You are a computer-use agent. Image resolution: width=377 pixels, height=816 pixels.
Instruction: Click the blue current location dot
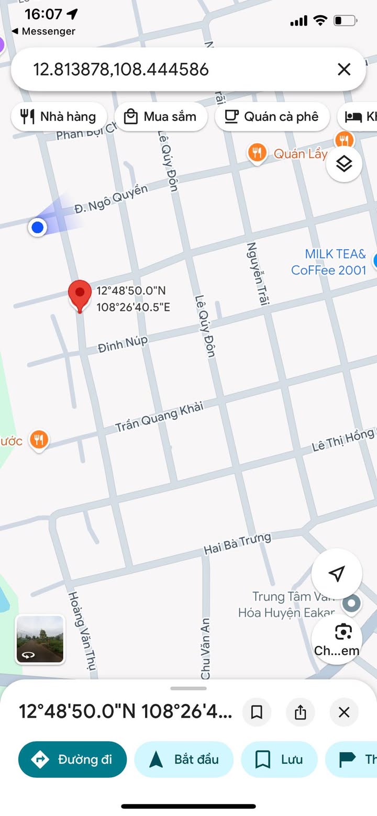[x=37, y=227]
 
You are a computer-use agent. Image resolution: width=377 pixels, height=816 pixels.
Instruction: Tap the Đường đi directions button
[x=73, y=759]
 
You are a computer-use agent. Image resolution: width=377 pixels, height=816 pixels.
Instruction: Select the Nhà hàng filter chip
[x=59, y=116]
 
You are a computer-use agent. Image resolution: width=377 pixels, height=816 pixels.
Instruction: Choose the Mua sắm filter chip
[x=161, y=116]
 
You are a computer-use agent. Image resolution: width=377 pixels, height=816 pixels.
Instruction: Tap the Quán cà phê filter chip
[x=272, y=116]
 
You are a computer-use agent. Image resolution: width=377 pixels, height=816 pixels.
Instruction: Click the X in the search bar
[x=344, y=69]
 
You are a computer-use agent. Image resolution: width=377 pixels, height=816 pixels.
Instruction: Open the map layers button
[x=344, y=164]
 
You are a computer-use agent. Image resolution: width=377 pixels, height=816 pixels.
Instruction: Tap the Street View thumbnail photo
[x=40, y=639]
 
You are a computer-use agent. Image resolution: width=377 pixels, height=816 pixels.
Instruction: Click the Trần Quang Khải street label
[x=159, y=417]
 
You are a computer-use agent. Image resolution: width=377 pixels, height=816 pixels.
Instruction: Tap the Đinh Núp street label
[x=123, y=344]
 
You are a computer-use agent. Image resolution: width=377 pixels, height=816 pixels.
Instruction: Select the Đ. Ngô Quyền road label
[x=111, y=199]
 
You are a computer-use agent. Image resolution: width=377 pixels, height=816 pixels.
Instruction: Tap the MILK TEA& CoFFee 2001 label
[x=329, y=262]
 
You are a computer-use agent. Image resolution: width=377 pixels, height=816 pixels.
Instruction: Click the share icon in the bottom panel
[x=300, y=712]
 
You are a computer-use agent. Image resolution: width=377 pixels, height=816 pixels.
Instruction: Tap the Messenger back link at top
[x=44, y=31]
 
